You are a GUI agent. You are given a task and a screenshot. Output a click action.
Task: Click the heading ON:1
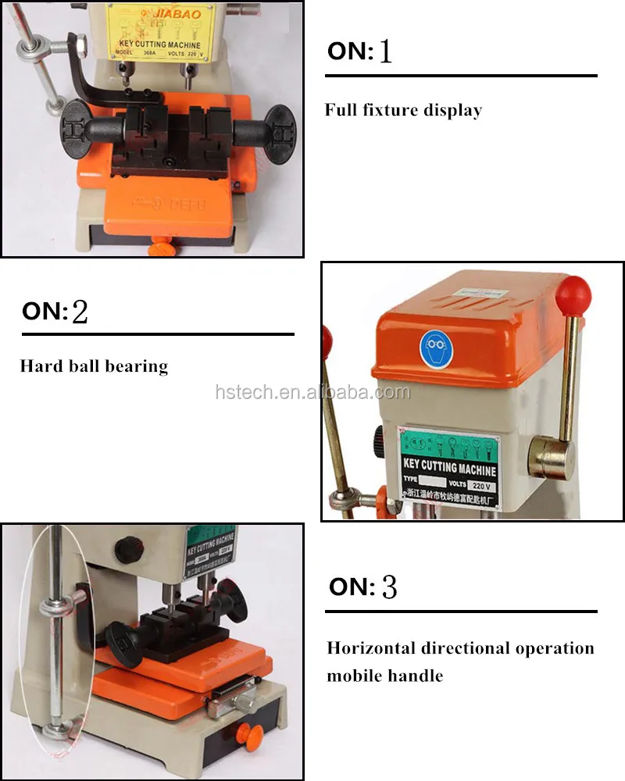[359, 52]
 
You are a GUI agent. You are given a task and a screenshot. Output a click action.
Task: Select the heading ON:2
[55, 311]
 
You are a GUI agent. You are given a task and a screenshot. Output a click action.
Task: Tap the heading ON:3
[362, 587]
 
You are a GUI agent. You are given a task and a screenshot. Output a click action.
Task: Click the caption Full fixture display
[403, 110]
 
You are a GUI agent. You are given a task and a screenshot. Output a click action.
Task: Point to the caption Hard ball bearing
[94, 366]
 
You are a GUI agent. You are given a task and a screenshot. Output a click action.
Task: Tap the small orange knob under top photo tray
[162, 248]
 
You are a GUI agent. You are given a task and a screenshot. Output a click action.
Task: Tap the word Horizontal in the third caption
[371, 648]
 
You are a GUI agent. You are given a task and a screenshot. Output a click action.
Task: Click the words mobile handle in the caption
[384, 675]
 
